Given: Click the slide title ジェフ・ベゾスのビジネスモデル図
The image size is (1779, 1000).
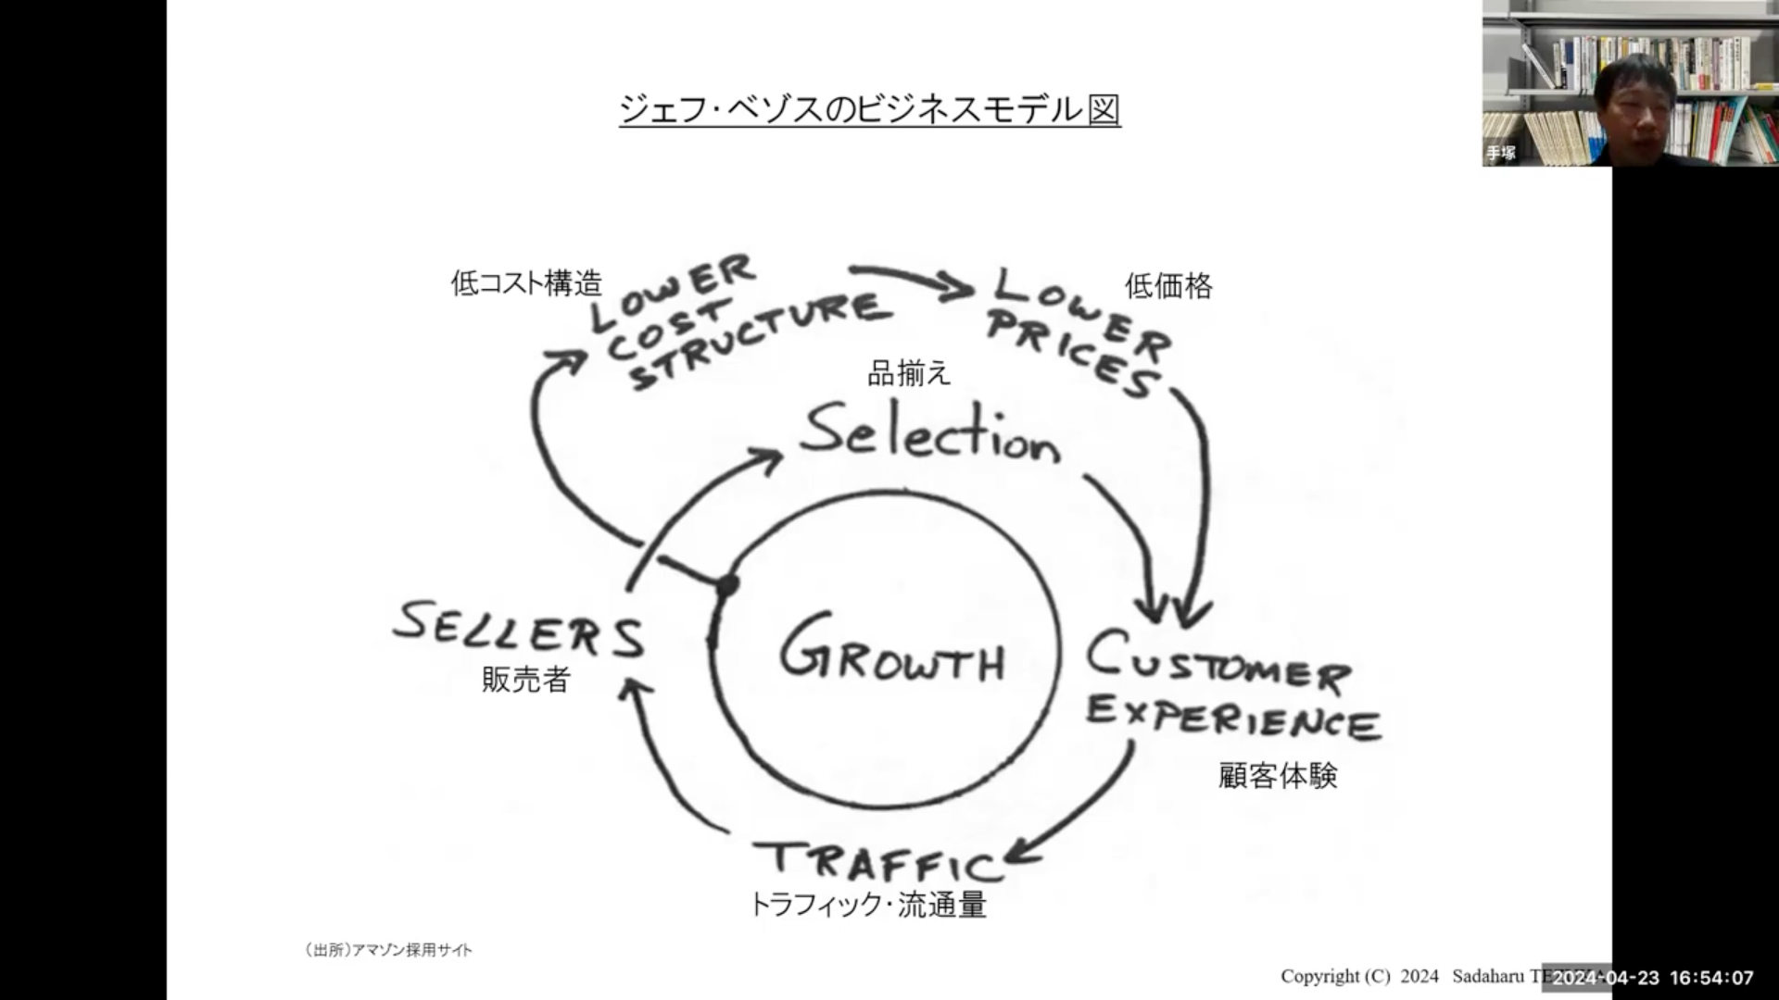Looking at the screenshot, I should (x=869, y=110).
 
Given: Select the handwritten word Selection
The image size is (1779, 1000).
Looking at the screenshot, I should (x=929, y=434).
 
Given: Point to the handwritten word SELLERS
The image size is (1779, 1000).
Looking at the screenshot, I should (x=518, y=630).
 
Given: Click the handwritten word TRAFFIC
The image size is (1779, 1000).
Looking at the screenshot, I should (x=877, y=860).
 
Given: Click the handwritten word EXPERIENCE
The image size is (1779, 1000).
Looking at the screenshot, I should (x=1232, y=719).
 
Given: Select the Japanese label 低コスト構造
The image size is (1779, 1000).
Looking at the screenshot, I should (x=526, y=283).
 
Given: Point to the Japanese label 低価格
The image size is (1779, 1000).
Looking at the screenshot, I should (x=1168, y=286).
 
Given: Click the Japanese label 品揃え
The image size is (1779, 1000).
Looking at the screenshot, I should (x=909, y=373).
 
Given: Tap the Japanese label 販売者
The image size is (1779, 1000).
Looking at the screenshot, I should (x=525, y=681).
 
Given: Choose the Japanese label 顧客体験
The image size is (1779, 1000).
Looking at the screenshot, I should (x=1278, y=776).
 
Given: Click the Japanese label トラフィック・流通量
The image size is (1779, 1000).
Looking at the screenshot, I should (x=867, y=905).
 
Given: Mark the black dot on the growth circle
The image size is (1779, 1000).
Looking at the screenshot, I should (x=727, y=585).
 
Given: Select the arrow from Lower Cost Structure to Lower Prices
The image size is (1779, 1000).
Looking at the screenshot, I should (x=913, y=281).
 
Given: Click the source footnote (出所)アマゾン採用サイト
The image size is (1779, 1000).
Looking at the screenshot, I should (x=388, y=950).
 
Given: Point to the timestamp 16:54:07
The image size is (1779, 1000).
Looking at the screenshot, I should (x=1711, y=978).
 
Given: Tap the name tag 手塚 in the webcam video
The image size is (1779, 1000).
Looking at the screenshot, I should (x=1501, y=153).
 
